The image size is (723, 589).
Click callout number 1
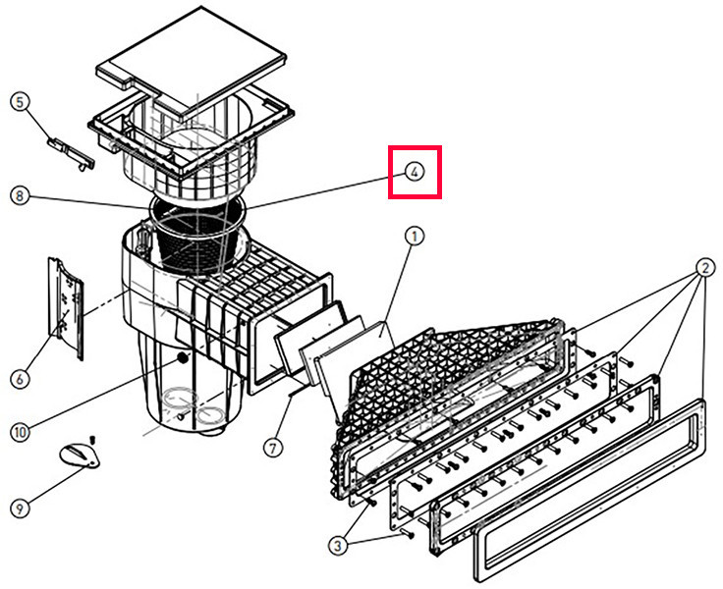[x=415, y=237]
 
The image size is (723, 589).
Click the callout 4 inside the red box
[x=415, y=172]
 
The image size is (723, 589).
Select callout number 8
[x=17, y=195]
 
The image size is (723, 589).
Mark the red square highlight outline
[x=415, y=148]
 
